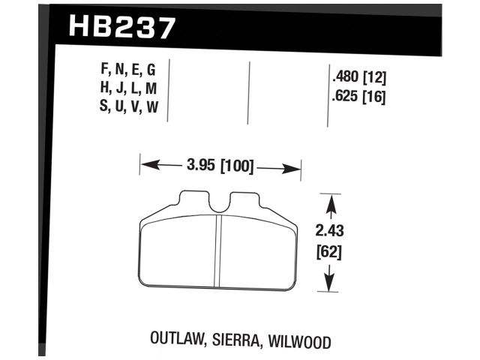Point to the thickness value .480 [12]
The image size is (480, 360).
[x=358, y=77]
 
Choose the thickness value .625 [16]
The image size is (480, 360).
[x=358, y=96]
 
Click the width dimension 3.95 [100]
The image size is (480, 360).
[x=220, y=164]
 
